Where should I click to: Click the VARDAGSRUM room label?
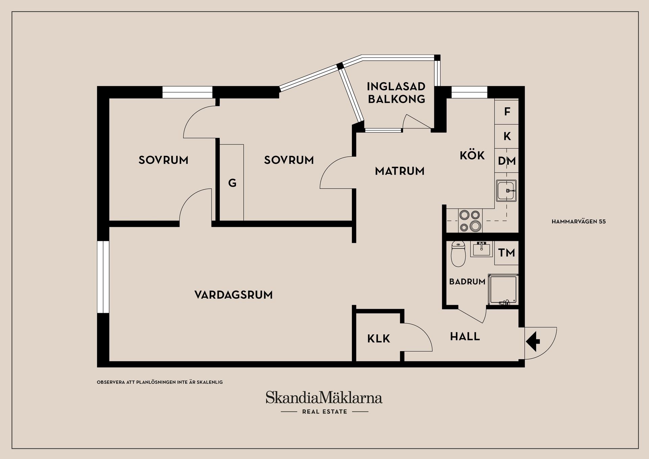click(234, 295)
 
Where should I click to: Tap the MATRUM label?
click(400, 171)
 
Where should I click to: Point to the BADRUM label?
click(467, 281)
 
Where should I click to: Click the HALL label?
click(465, 336)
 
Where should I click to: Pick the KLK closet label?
click(379, 339)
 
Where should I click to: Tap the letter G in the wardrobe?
click(232, 183)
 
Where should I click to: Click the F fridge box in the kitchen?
click(506, 112)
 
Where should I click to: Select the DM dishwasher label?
click(507, 161)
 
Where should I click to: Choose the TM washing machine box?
click(506, 253)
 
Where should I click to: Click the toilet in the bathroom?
click(458, 254)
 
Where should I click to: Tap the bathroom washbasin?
click(481, 249)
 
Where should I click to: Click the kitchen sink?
click(506, 191)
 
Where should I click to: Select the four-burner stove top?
click(470, 221)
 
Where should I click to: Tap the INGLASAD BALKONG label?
click(396, 93)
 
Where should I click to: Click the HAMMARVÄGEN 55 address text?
click(579, 222)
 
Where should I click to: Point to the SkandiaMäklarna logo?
click(324, 402)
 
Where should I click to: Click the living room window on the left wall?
click(103, 277)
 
